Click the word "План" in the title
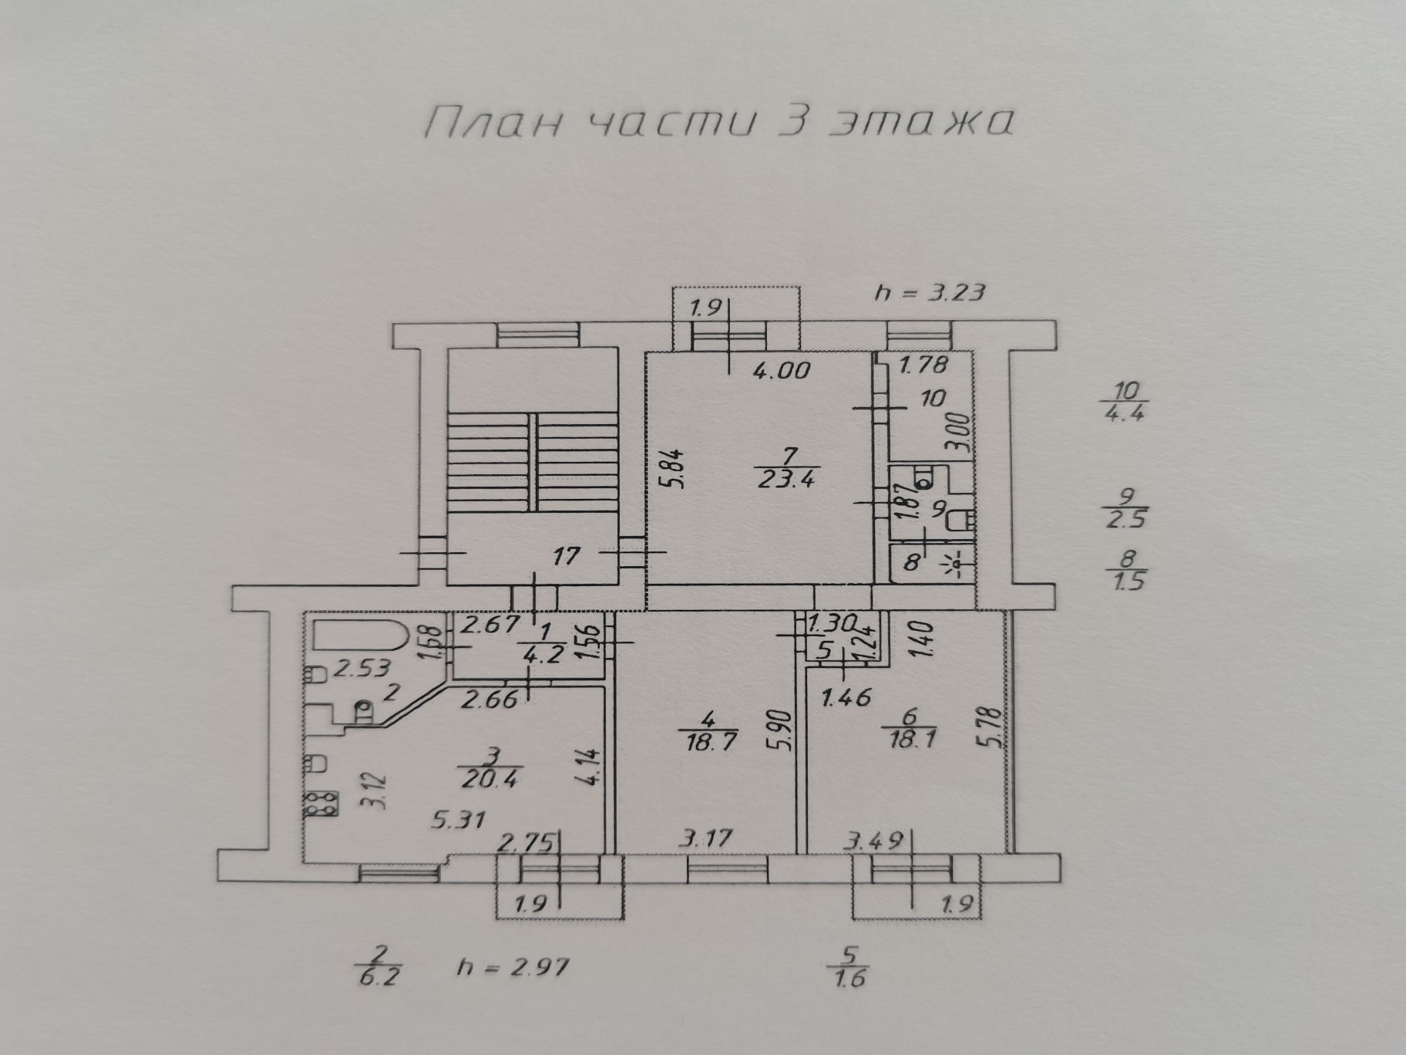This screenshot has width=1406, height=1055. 486,124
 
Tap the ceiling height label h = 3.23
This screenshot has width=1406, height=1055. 930,293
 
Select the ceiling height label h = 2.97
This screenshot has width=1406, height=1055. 512,967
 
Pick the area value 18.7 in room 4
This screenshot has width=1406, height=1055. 707,743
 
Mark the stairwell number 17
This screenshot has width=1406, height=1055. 566,555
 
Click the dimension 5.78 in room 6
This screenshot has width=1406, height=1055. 994,729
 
